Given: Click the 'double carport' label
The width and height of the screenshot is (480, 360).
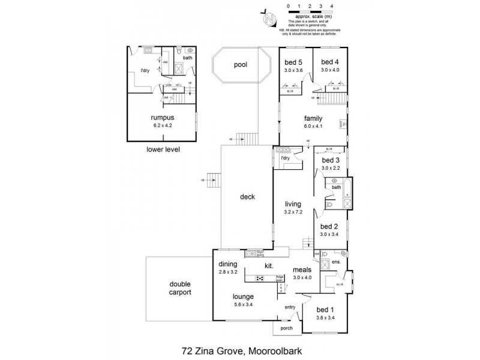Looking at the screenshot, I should (x=179, y=289).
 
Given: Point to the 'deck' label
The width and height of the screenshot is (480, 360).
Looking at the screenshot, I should (x=248, y=196).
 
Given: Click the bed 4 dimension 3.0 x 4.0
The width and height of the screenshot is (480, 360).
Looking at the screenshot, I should (x=329, y=70).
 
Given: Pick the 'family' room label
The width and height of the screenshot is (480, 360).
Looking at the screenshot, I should (x=313, y=118).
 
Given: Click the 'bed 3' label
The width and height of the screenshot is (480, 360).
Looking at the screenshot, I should (x=331, y=160).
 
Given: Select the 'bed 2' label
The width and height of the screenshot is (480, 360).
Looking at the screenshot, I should (x=329, y=226).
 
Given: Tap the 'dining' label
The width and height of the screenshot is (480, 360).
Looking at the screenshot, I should (x=228, y=264).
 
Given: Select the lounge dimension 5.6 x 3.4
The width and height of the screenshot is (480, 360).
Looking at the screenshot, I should (x=244, y=305).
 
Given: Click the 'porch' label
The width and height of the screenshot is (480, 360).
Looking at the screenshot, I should (x=287, y=329).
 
